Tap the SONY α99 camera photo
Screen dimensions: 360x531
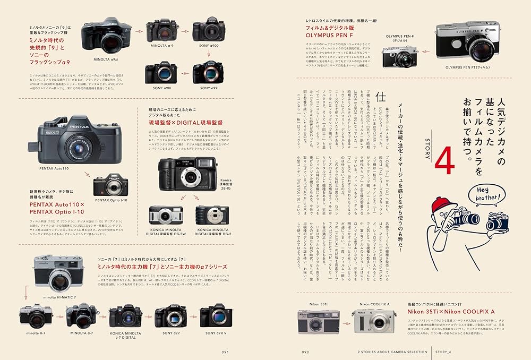point(208,72)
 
